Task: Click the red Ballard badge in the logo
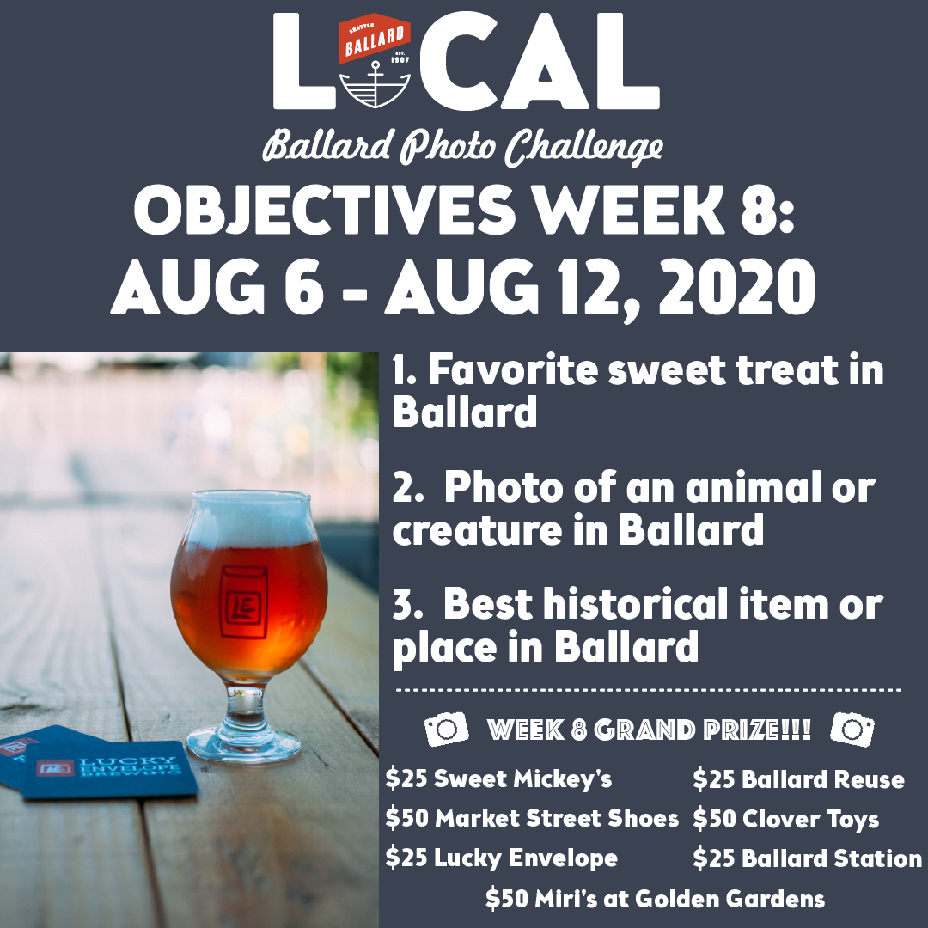click(375, 39)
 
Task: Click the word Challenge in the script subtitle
click(583, 148)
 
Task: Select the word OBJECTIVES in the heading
click(324, 211)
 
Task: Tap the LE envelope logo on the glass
click(243, 601)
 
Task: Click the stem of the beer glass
click(245, 708)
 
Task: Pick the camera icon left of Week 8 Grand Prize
click(447, 729)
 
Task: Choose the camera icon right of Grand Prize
click(852, 730)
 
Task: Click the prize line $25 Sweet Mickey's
click(498, 778)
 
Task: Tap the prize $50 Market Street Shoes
click(532, 819)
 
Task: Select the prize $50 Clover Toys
click(786, 820)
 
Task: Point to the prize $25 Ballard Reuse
click(798, 779)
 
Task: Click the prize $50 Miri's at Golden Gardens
click(655, 899)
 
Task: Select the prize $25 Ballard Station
click(807, 858)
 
